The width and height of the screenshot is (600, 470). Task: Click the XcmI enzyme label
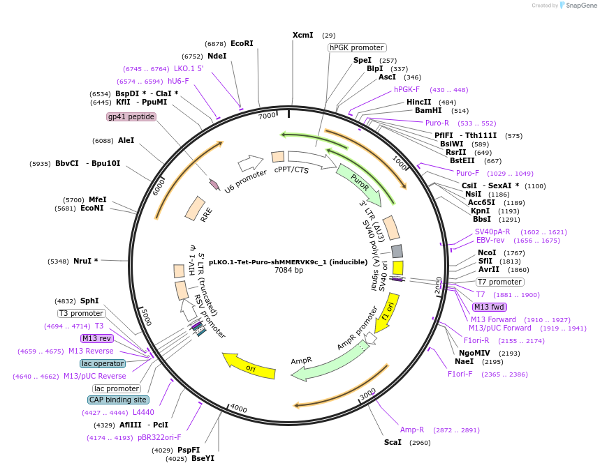tap(303, 35)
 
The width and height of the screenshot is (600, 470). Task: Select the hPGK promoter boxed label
tap(357, 47)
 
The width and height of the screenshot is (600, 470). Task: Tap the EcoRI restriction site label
tap(242, 43)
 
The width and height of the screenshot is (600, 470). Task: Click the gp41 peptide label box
tap(131, 116)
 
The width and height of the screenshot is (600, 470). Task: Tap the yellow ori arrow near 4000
tap(249, 365)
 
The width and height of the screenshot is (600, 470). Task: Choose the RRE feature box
tap(195, 209)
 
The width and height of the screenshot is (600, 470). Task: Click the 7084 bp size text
tap(288, 270)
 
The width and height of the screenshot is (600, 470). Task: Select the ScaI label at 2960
tap(393, 442)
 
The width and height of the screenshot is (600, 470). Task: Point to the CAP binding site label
tap(117, 400)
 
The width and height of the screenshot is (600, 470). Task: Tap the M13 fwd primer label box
tap(490, 307)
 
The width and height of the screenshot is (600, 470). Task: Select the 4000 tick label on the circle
tap(239, 409)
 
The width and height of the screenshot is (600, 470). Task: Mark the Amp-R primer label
tap(411, 430)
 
